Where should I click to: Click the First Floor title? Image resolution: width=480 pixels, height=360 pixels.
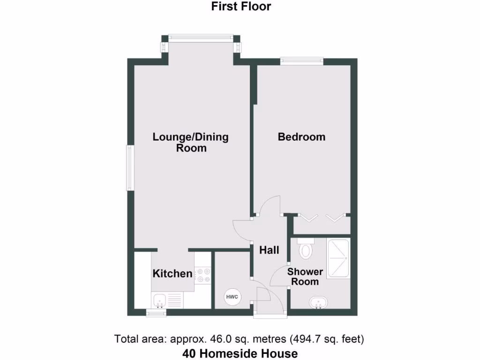[x=241, y=7]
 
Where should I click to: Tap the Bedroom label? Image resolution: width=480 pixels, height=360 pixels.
[x=301, y=137]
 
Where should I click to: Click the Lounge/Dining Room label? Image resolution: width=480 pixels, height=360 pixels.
[x=191, y=142]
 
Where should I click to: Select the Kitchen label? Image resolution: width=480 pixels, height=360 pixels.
[x=172, y=273]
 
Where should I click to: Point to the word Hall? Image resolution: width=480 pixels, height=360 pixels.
[x=270, y=250]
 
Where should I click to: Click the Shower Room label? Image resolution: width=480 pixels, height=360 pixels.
[x=305, y=277]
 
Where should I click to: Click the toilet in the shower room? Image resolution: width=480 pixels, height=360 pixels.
[x=306, y=249]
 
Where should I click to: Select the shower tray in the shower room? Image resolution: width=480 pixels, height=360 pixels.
[x=338, y=259]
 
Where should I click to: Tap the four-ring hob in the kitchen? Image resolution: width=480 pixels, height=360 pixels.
[x=203, y=275]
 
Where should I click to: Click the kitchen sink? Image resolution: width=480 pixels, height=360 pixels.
[x=160, y=300]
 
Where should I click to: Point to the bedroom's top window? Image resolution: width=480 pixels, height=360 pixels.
[x=301, y=60]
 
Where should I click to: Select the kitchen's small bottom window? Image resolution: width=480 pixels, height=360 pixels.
[x=156, y=312]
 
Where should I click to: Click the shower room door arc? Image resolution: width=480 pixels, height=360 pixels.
[x=280, y=277]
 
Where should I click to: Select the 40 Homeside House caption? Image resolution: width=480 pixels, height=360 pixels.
[x=240, y=353]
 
